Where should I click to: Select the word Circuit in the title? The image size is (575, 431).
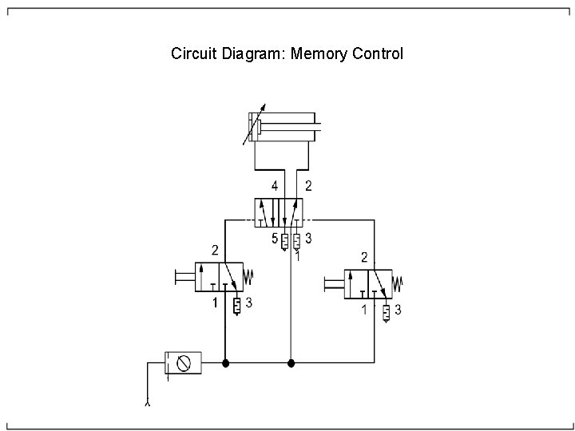pyautogui.click(x=192, y=55)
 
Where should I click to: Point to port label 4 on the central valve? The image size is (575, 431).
pyautogui.click(x=274, y=186)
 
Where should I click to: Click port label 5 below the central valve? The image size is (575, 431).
pyautogui.click(x=274, y=238)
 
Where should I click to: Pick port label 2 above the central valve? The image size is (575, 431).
pyautogui.click(x=308, y=186)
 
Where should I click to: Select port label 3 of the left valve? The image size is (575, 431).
pyautogui.click(x=249, y=303)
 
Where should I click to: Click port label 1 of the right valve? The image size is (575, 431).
pyautogui.click(x=365, y=310)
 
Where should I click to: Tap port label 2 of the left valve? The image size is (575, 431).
pyautogui.click(x=214, y=248)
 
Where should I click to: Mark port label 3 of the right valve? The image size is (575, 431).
pyautogui.click(x=398, y=310)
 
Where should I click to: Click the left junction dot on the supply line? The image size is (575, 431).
pyautogui.click(x=226, y=363)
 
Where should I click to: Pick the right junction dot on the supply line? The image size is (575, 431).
pyautogui.click(x=291, y=363)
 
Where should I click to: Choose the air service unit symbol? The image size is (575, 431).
pyautogui.click(x=183, y=363)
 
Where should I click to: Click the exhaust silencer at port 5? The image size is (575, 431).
pyautogui.click(x=284, y=240)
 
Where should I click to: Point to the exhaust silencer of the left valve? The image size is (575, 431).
pyautogui.click(x=237, y=306)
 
